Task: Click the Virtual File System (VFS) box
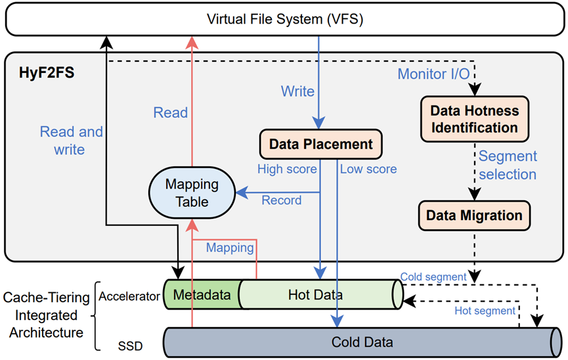click(x=284, y=19)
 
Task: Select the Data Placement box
click(x=321, y=144)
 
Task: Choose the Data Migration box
click(x=474, y=215)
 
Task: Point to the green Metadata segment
click(x=202, y=295)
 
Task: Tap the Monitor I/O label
click(x=433, y=74)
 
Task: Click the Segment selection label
click(x=508, y=165)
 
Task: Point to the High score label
click(x=287, y=169)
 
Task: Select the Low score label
click(x=368, y=169)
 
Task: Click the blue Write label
click(x=297, y=91)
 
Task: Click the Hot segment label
click(x=485, y=310)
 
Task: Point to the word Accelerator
click(x=129, y=296)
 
